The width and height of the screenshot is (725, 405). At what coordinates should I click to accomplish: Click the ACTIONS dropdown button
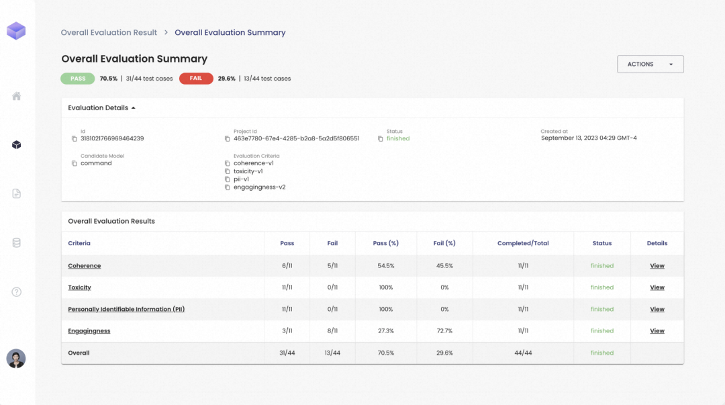click(x=650, y=64)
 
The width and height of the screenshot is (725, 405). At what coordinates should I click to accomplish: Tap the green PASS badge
click(x=78, y=79)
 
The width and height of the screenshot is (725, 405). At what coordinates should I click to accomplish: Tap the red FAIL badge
click(x=196, y=79)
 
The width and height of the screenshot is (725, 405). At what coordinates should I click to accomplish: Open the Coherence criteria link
click(x=84, y=266)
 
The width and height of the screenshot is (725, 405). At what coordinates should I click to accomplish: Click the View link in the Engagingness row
click(x=657, y=331)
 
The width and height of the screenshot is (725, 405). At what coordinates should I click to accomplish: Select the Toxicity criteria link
click(x=79, y=287)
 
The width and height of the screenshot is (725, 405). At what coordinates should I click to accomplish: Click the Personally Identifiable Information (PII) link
click(x=126, y=309)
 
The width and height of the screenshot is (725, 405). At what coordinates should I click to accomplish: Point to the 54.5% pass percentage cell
click(x=385, y=266)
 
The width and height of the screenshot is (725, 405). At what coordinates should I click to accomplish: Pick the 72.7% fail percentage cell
click(x=444, y=331)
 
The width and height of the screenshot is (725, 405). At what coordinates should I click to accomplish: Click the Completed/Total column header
click(x=523, y=243)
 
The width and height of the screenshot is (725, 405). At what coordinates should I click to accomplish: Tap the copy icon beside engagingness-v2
click(x=227, y=187)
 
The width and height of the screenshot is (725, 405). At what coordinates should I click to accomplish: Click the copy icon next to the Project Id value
click(x=227, y=139)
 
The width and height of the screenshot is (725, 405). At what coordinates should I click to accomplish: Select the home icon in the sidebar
click(x=16, y=96)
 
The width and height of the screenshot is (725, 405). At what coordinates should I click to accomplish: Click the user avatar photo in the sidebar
click(x=15, y=359)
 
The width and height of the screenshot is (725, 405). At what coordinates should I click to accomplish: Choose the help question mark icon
click(x=16, y=292)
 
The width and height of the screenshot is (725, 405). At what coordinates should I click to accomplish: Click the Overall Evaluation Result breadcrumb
click(x=109, y=32)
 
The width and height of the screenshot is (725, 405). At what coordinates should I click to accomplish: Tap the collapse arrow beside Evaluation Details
click(x=133, y=108)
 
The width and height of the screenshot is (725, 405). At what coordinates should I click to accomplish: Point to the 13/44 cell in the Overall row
click(x=332, y=353)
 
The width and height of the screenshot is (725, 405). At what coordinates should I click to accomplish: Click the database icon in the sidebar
click(x=16, y=243)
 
